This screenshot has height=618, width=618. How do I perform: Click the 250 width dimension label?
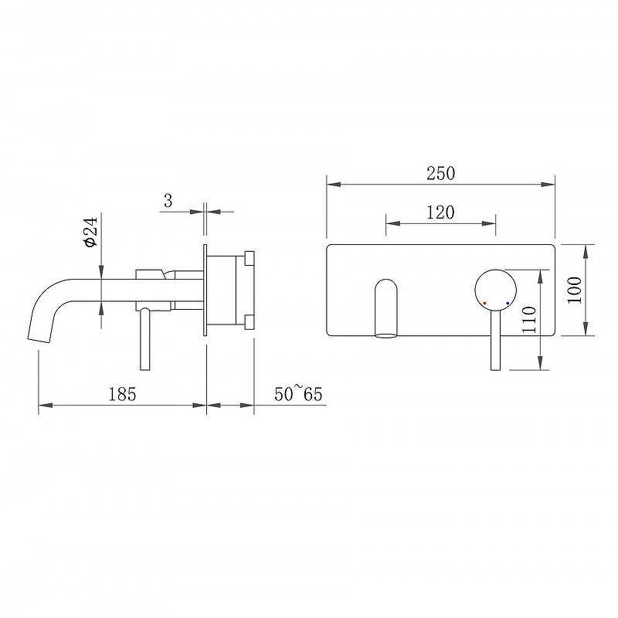coord(440,173)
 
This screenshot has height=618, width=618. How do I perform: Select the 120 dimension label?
coord(440,212)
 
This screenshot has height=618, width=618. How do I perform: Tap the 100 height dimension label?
coord(575,290)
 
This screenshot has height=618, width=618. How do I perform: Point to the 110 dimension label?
coord(529,320)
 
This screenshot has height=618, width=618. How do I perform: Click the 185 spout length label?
coord(122,394)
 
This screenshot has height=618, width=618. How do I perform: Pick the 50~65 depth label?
coord(298,394)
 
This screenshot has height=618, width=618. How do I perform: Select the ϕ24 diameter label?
coord(90,232)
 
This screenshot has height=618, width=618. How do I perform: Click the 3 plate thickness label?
coord(168,201)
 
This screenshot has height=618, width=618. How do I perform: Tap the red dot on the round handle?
coord(484,303)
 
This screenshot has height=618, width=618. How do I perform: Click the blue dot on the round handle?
coord(508,303)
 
